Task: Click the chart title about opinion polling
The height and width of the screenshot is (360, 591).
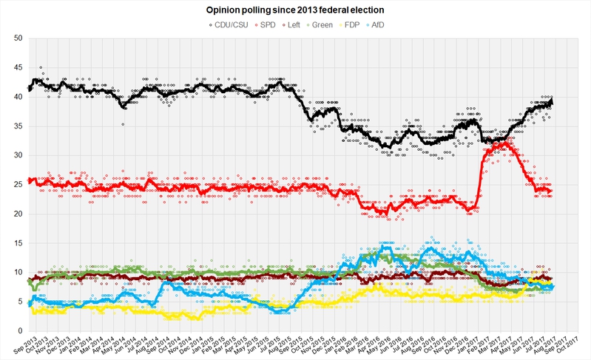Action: click(295, 10)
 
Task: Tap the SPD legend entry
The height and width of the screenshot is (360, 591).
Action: click(271, 24)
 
